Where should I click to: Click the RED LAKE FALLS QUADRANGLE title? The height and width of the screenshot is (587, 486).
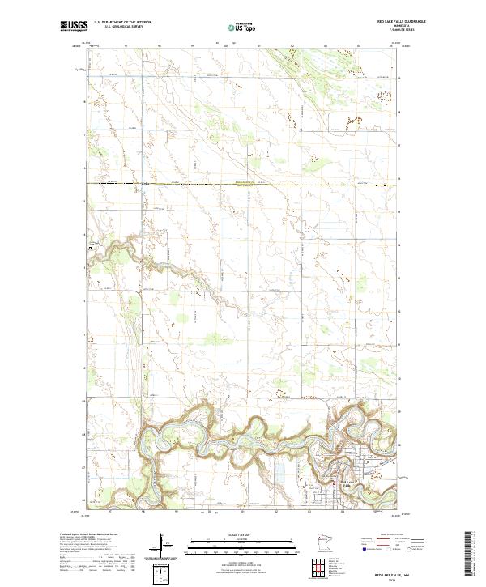click(x=400, y=20)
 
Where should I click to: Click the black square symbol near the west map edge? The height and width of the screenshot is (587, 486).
click(x=91, y=248)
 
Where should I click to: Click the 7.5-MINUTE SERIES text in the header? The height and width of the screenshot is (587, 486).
click(x=400, y=30)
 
